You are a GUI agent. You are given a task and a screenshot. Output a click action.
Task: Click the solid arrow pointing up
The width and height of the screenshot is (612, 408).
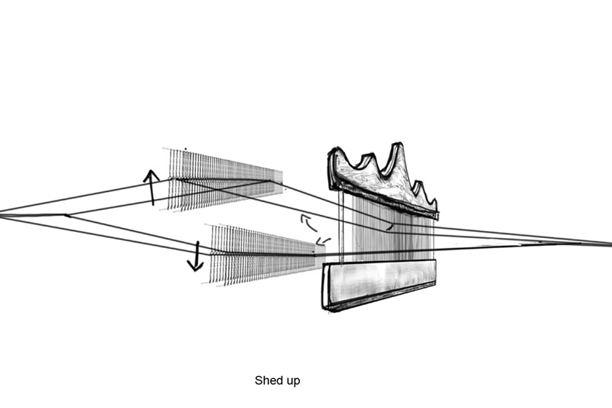coord(151,187)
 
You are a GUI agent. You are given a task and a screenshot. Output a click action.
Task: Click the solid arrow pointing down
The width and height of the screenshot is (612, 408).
coord(195,256)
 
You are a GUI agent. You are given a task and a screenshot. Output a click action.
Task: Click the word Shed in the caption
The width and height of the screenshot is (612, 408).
coord(267,380)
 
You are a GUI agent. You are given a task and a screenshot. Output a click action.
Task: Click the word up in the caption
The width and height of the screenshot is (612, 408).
coord(291,380)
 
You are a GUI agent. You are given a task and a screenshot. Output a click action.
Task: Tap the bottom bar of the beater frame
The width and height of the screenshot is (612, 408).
coord(379,283)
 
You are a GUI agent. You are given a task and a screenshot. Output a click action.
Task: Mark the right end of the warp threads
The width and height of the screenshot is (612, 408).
coord(607,243)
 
